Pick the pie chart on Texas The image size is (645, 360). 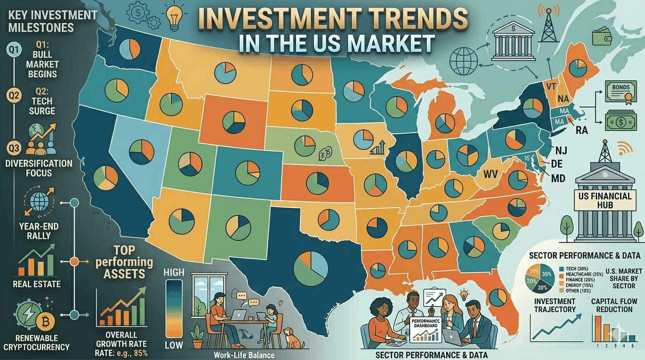[311, 266]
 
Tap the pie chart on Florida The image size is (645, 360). [497, 297]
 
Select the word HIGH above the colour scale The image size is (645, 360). [175, 272]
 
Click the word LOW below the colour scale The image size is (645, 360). [174, 346]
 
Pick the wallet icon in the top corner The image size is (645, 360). [600, 37]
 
